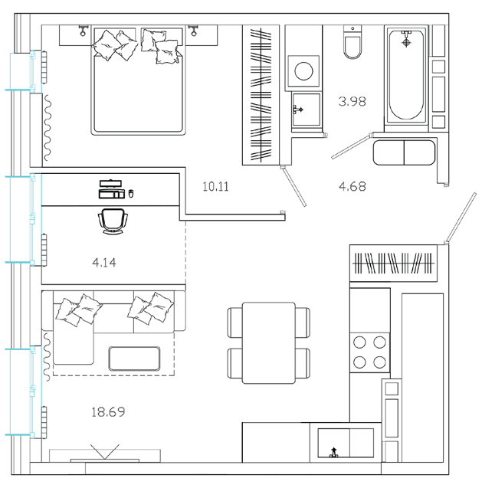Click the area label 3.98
click(352, 101)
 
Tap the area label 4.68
click(352, 186)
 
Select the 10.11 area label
click(215, 186)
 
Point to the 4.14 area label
click(104, 263)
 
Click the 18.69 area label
click(108, 412)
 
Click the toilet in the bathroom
click(352, 42)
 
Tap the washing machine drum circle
click(303, 71)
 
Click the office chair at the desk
click(113, 221)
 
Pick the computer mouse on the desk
click(131, 193)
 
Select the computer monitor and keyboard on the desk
click(111, 189)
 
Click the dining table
click(269, 342)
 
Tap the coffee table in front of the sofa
click(135, 359)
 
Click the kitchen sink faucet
click(334, 452)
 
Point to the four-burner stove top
click(369, 352)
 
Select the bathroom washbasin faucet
click(297, 110)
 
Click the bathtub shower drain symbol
click(406, 42)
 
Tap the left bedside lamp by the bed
click(83, 31)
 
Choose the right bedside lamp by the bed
click(194, 31)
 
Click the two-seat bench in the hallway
click(404, 152)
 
